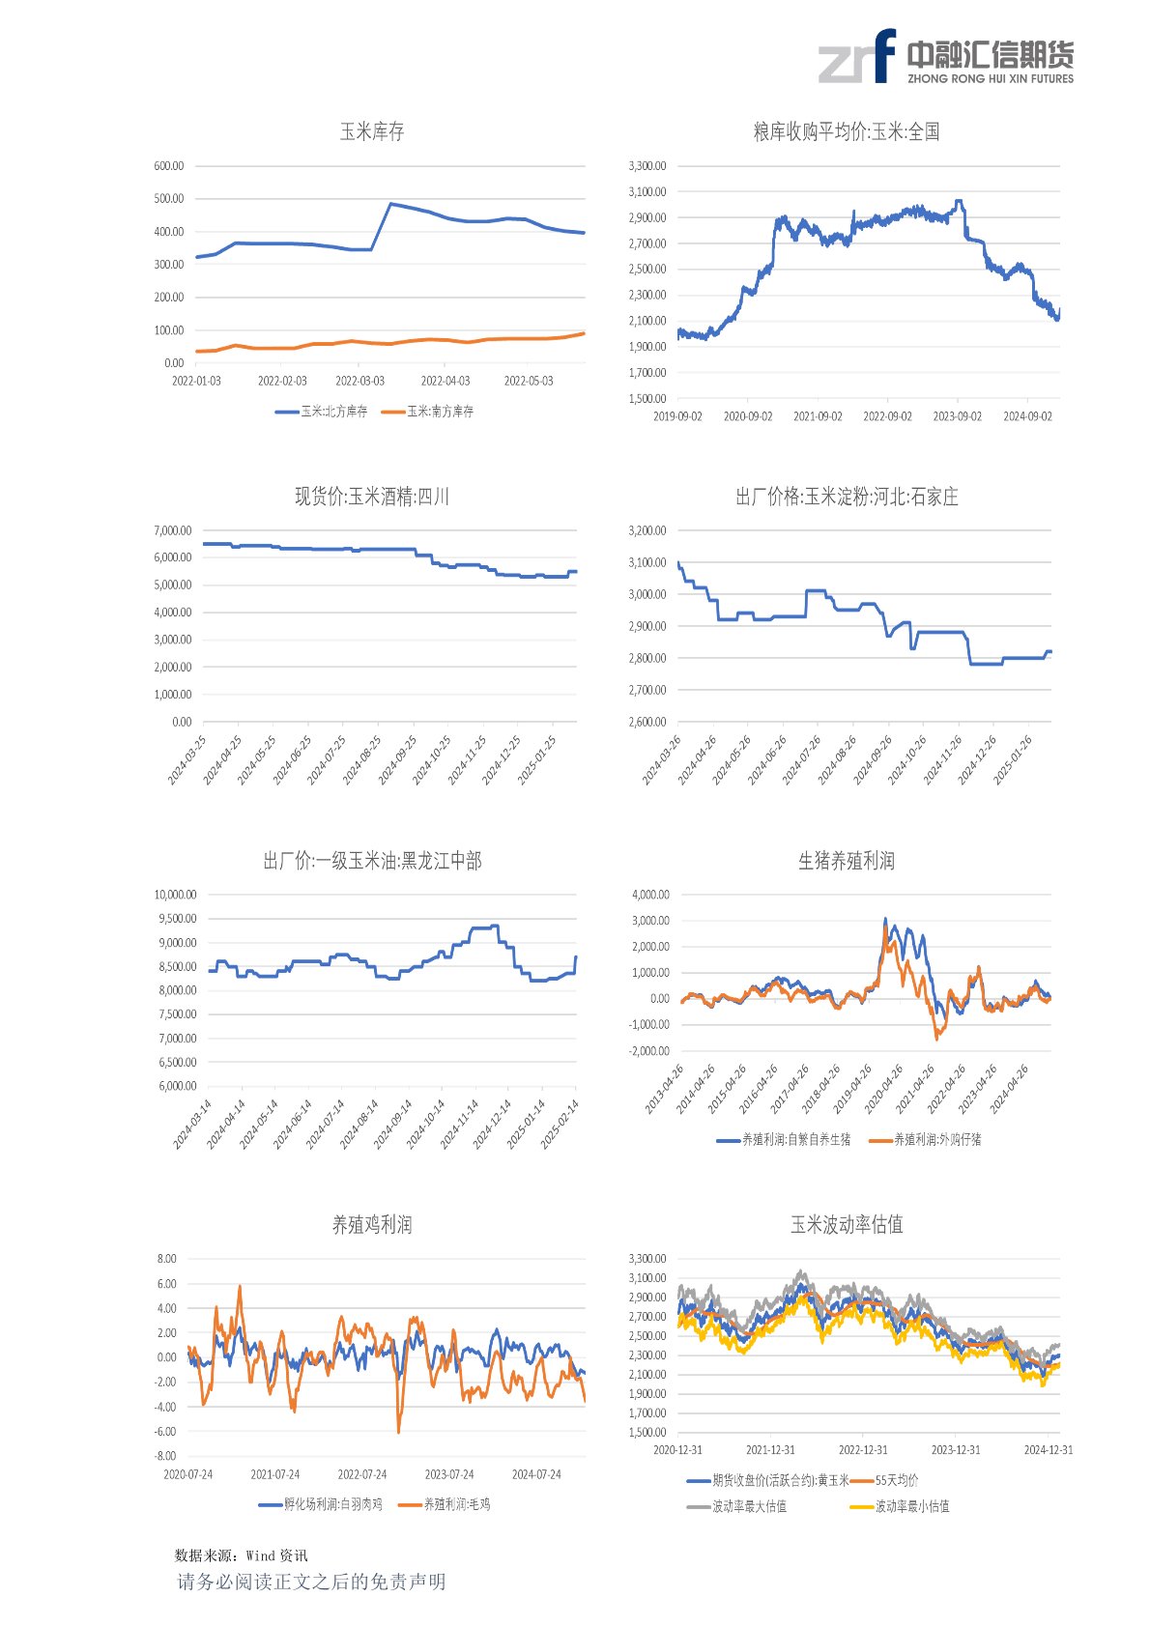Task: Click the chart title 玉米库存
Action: [372, 131]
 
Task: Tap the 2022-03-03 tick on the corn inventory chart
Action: [359, 382]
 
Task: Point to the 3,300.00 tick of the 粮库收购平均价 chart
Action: [647, 166]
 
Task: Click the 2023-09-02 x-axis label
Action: [957, 416]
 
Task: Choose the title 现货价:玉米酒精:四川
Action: [372, 497]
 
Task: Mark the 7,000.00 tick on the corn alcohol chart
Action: [172, 530]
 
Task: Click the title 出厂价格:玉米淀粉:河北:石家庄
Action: [847, 497]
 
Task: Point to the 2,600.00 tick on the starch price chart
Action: [647, 722]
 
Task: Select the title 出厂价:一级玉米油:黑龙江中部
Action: [372, 861]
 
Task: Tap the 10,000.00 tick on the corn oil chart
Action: [175, 895]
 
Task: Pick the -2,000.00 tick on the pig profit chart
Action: [649, 1051]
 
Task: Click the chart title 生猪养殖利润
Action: [847, 861]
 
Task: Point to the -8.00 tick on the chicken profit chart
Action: [166, 1456]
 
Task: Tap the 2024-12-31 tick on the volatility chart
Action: [1049, 1450]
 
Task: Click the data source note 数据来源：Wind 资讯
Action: [241, 1555]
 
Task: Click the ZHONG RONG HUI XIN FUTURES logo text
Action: [991, 79]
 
